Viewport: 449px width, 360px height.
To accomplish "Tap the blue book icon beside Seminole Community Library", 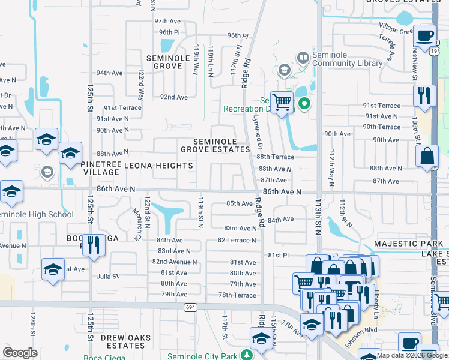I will [x=303, y=58].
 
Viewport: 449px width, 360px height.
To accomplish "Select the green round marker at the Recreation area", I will [x=304, y=104].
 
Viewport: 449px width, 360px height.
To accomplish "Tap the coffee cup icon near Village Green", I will [x=425, y=35].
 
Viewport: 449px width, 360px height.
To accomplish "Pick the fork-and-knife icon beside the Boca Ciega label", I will [x=94, y=245].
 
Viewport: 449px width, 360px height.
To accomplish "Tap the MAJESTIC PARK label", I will [x=408, y=244].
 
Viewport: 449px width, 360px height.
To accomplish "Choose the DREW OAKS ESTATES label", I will [x=130, y=342].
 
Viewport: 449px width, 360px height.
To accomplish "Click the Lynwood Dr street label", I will [x=258, y=133].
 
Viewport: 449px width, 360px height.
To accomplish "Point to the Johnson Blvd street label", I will [x=364, y=338].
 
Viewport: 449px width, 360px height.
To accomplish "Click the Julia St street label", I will [x=107, y=277].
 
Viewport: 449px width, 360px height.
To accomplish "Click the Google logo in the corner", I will [x=20, y=353].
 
